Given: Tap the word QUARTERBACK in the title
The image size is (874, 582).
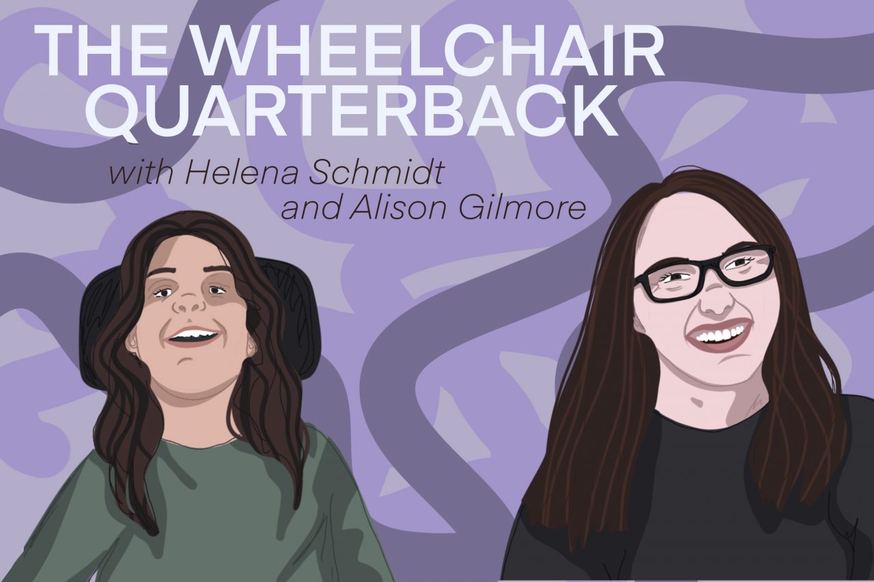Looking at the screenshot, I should coord(352,112).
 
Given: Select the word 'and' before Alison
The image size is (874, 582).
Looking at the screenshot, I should coord(311,208).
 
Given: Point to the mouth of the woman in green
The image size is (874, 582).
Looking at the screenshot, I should coord(194,336).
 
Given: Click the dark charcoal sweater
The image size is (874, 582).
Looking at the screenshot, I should coord(690,505).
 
